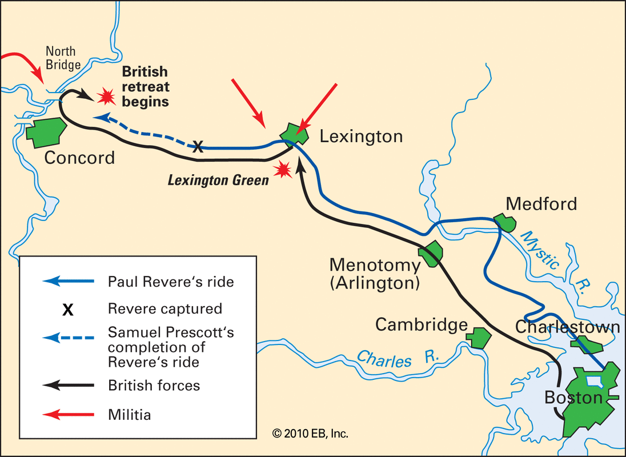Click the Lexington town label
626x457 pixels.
tap(361, 137)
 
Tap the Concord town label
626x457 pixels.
tap(79, 157)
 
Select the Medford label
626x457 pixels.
tap(541, 203)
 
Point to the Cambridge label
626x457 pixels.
tap(421, 324)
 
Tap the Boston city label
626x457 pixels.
tap(573, 397)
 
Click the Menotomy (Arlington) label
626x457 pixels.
tap(375, 274)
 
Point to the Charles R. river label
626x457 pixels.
tap(398, 359)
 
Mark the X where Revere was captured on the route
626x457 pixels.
tap(197, 147)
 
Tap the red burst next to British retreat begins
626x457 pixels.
tap(105, 97)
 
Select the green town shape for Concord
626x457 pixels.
tap(44, 131)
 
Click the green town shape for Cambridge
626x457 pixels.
tap(479, 337)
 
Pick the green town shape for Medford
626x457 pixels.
tap(504, 223)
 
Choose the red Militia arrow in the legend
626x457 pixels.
tap(68, 414)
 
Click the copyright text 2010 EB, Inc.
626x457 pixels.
tap(310, 434)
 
